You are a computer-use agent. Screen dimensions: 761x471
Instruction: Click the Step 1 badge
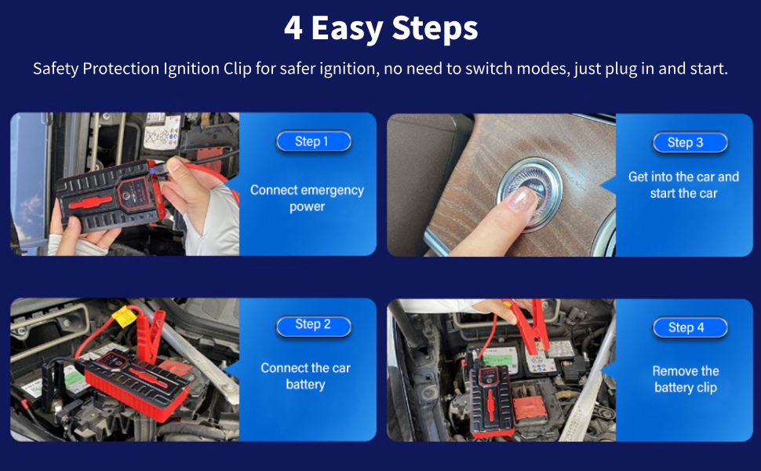314,141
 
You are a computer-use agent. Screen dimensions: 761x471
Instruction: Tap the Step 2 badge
314,324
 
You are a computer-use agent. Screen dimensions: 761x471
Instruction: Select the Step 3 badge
690,143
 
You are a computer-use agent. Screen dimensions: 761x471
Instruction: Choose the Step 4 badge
690,328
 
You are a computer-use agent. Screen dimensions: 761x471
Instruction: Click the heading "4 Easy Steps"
381,28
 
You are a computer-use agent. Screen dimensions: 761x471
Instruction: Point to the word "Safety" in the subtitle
56,69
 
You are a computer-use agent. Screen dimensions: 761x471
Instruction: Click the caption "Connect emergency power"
308,198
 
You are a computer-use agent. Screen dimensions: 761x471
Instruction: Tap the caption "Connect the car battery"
306,376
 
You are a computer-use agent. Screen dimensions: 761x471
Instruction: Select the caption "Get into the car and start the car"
684,185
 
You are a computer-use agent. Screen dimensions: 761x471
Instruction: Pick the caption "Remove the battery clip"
686,379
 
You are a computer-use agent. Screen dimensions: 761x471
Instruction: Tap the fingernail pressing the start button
521,200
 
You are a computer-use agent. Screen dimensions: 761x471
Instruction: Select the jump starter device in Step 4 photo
490,396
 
